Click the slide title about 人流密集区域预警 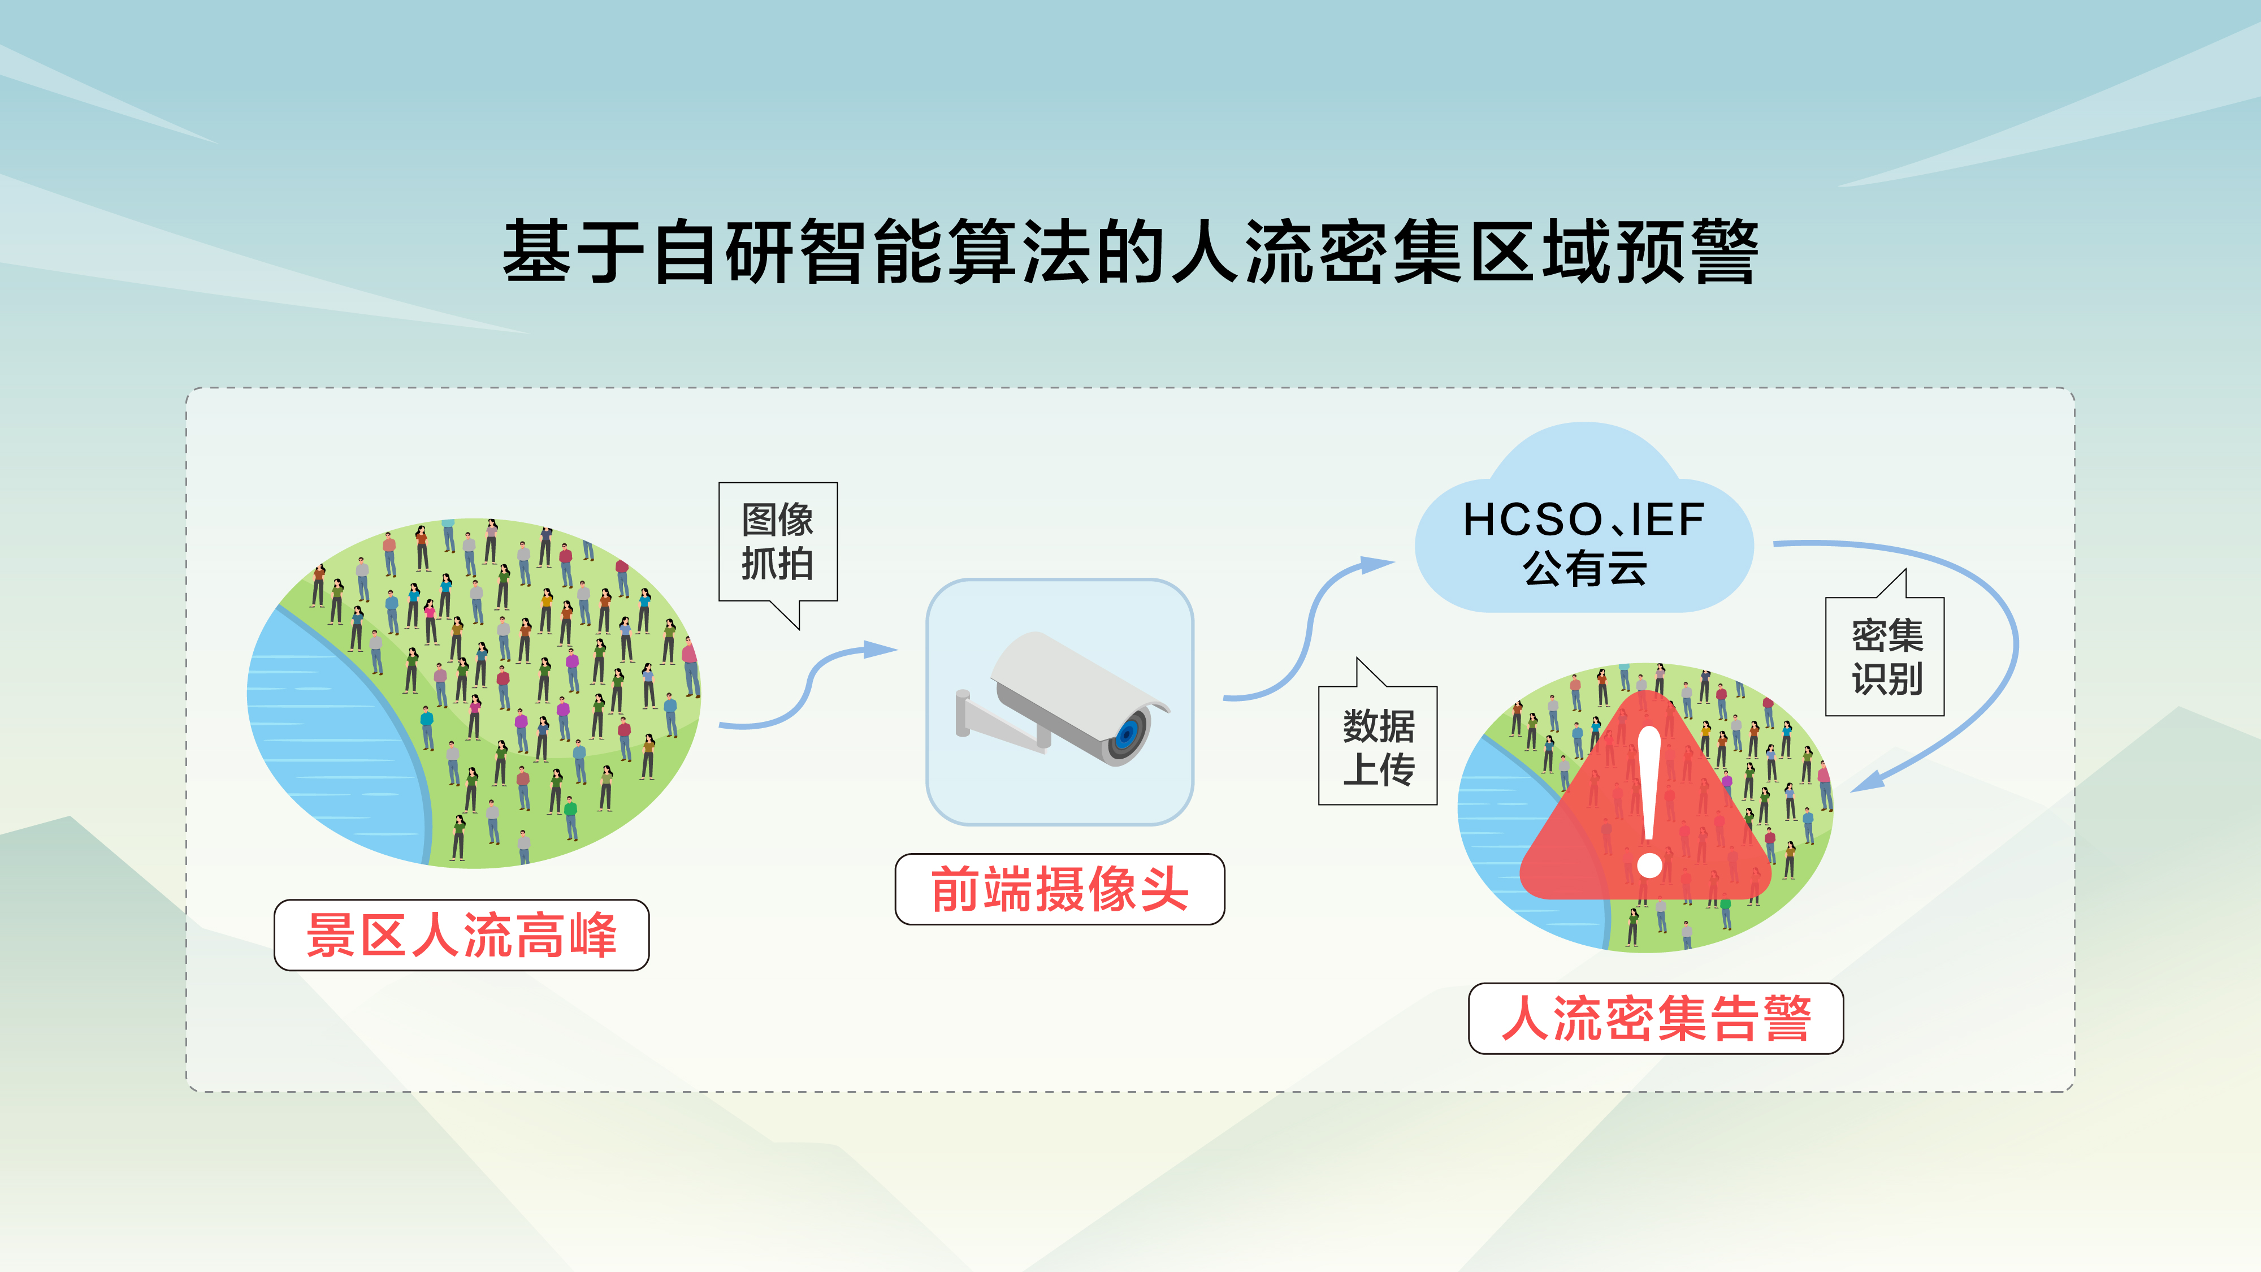(x=1130, y=252)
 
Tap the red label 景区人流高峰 (x=462, y=935)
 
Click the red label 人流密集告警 (x=1656, y=1018)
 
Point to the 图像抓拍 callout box (x=778, y=542)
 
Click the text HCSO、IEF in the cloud (x=1583, y=520)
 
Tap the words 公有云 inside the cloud (x=1584, y=568)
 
